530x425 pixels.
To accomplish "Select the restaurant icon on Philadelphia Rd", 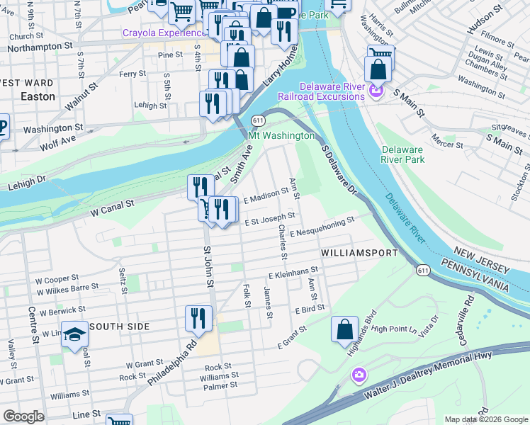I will [198, 318].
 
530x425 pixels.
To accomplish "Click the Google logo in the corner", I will [23, 416].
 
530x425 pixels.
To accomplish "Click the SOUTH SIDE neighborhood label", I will [120, 326].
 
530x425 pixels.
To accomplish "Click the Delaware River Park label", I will [402, 154].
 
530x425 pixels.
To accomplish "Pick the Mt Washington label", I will [281, 135].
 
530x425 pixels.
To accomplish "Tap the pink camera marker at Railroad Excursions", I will [376, 91].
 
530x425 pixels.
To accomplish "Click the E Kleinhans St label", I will [293, 271].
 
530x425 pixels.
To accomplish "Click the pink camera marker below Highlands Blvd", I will [359, 374].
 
